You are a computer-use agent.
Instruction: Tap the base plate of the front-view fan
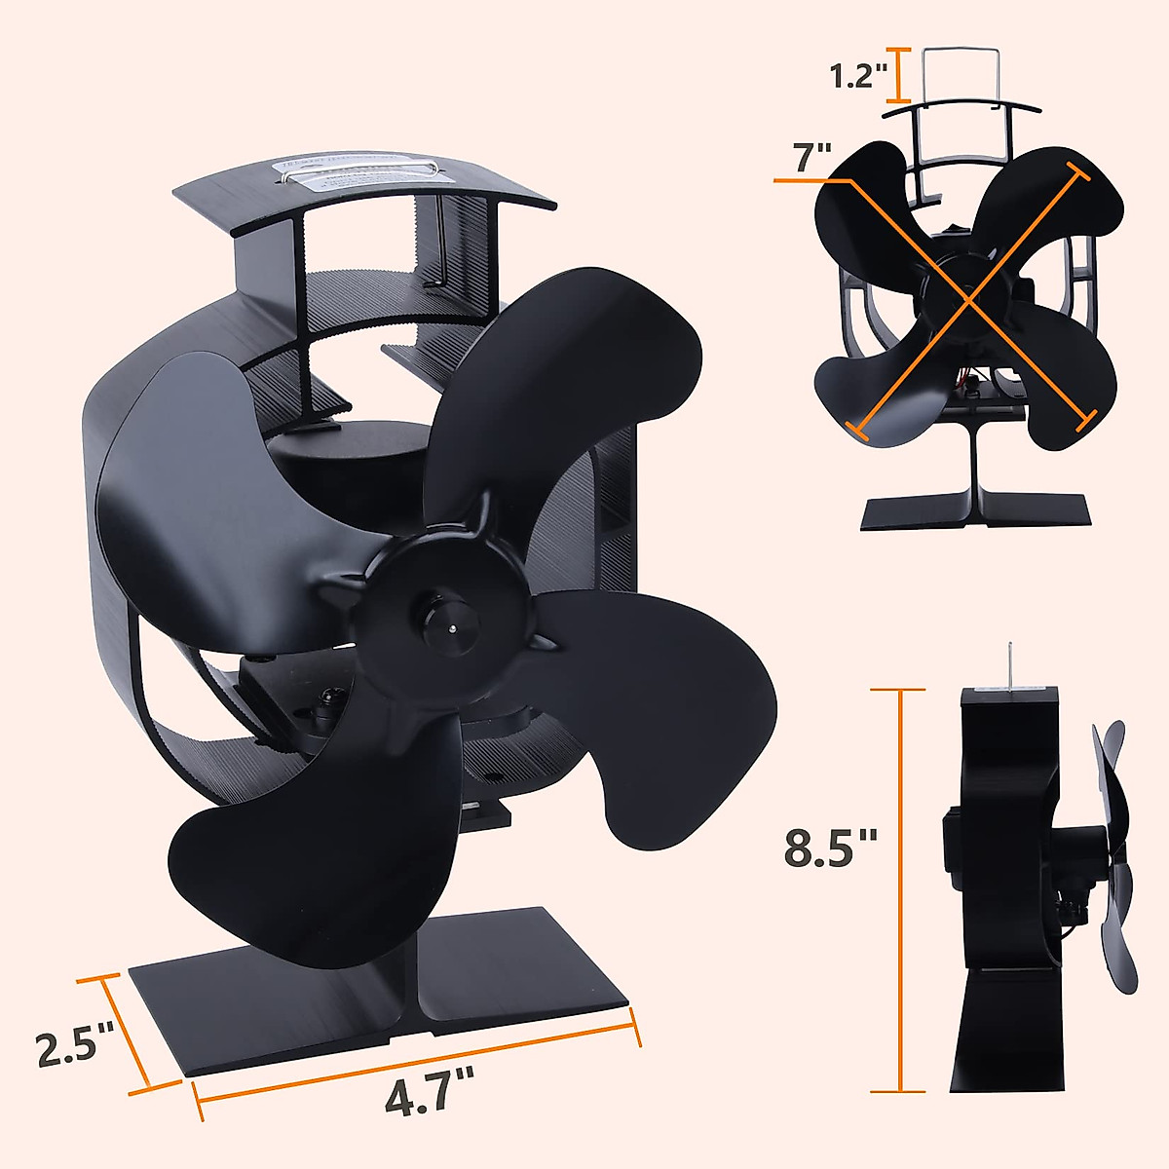pos(974,511)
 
